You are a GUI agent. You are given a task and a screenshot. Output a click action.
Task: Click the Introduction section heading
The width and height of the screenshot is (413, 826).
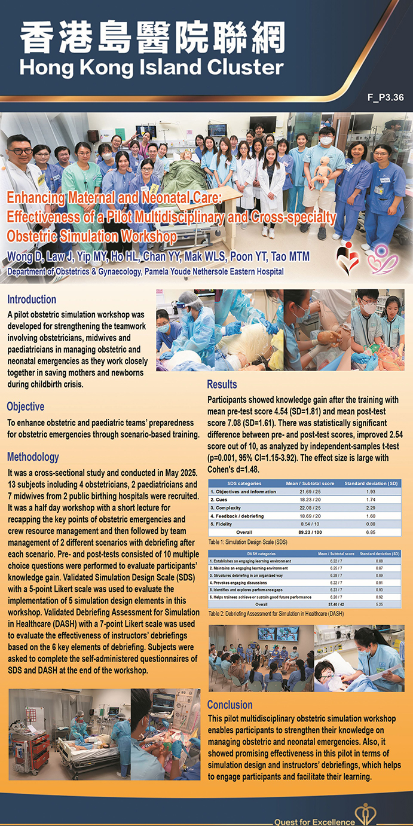tap(32, 299)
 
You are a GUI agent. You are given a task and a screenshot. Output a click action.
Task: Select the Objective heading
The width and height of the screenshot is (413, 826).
tap(25, 406)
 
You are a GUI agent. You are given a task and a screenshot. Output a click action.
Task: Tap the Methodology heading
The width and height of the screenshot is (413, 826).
tap(33, 457)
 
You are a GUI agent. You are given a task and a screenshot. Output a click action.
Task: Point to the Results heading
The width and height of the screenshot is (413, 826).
tap(222, 384)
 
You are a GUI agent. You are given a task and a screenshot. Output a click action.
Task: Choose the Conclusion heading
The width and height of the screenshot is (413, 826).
tap(230, 705)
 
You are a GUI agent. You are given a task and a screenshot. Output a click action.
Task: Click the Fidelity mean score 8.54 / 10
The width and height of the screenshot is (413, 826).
tap(309, 522)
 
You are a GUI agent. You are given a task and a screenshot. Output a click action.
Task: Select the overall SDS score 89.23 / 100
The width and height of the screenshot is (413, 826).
tap(309, 531)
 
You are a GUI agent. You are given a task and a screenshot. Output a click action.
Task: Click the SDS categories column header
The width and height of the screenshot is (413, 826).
tap(245, 483)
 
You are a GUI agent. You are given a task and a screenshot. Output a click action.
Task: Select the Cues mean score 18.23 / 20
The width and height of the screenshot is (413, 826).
tap(309, 499)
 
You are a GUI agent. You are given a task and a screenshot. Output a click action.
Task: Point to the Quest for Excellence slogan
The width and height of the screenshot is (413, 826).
tap(314, 821)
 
